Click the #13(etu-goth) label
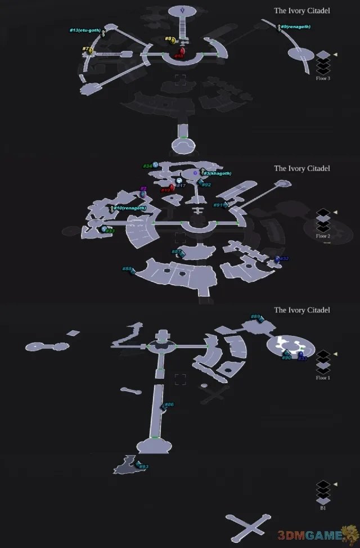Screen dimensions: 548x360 [x=85, y=29]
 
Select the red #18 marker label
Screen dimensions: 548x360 [x=178, y=56]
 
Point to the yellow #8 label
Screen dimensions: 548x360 [x=168, y=39]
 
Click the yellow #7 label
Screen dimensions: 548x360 [x=85, y=49]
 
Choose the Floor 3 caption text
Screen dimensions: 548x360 [x=323, y=78]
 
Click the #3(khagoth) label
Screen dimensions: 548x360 [x=219, y=173]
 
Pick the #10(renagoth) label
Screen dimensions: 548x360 [x=130, y=208]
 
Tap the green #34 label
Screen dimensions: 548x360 [x=146, y=166]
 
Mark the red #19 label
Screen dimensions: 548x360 [x=165, y=190]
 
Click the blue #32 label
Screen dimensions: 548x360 [x=284, y=258]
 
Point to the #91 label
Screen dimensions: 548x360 [x=218, y=205]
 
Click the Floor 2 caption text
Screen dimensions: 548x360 [x=323, y=236]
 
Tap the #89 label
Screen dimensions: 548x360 [x=255, y=317]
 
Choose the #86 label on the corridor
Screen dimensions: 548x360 [x=169, y=405]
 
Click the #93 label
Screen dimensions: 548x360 [x=143, y=466]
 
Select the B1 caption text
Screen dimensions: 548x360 [x=323, y=508]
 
